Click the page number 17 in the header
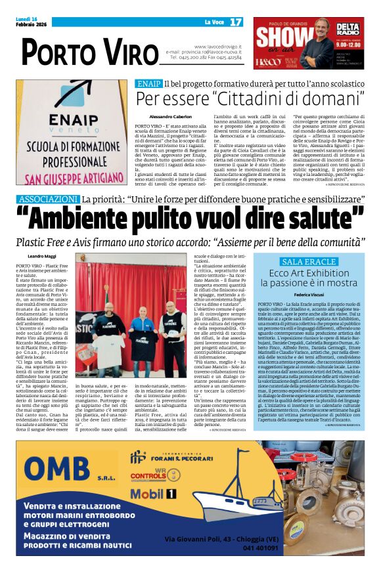pyautogui.click(x=236, y=22)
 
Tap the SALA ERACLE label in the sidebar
pyautogui.click(x=308, y=261)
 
